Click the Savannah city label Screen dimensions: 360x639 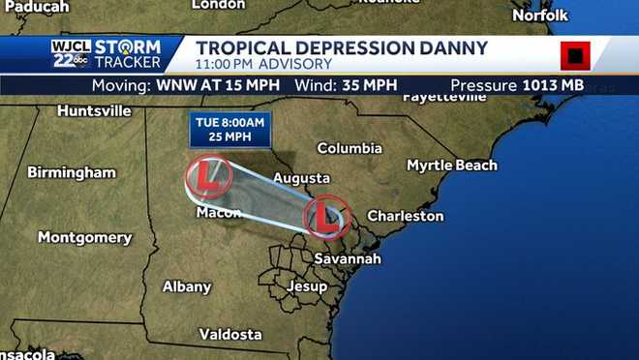pos(349,259)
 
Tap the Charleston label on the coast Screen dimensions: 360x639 pos(406,217)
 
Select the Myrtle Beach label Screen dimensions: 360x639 pos(451,165)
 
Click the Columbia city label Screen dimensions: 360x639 pos(350,149)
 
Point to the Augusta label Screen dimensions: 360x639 pos(301,178)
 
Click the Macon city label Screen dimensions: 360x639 pos(218,212)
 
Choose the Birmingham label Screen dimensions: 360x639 pos(72,172)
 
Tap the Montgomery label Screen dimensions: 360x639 pos(84,237)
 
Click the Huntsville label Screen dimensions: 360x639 pos(94,111)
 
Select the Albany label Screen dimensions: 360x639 pos(187,286)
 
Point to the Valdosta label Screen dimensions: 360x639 pos(230,334)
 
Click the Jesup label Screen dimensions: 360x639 pos(307,287)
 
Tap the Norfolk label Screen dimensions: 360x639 pos(540,15)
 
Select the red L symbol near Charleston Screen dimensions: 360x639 pos(325,218)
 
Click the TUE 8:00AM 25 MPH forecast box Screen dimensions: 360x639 pos(230,130)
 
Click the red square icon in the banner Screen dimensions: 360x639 pos(574,57)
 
